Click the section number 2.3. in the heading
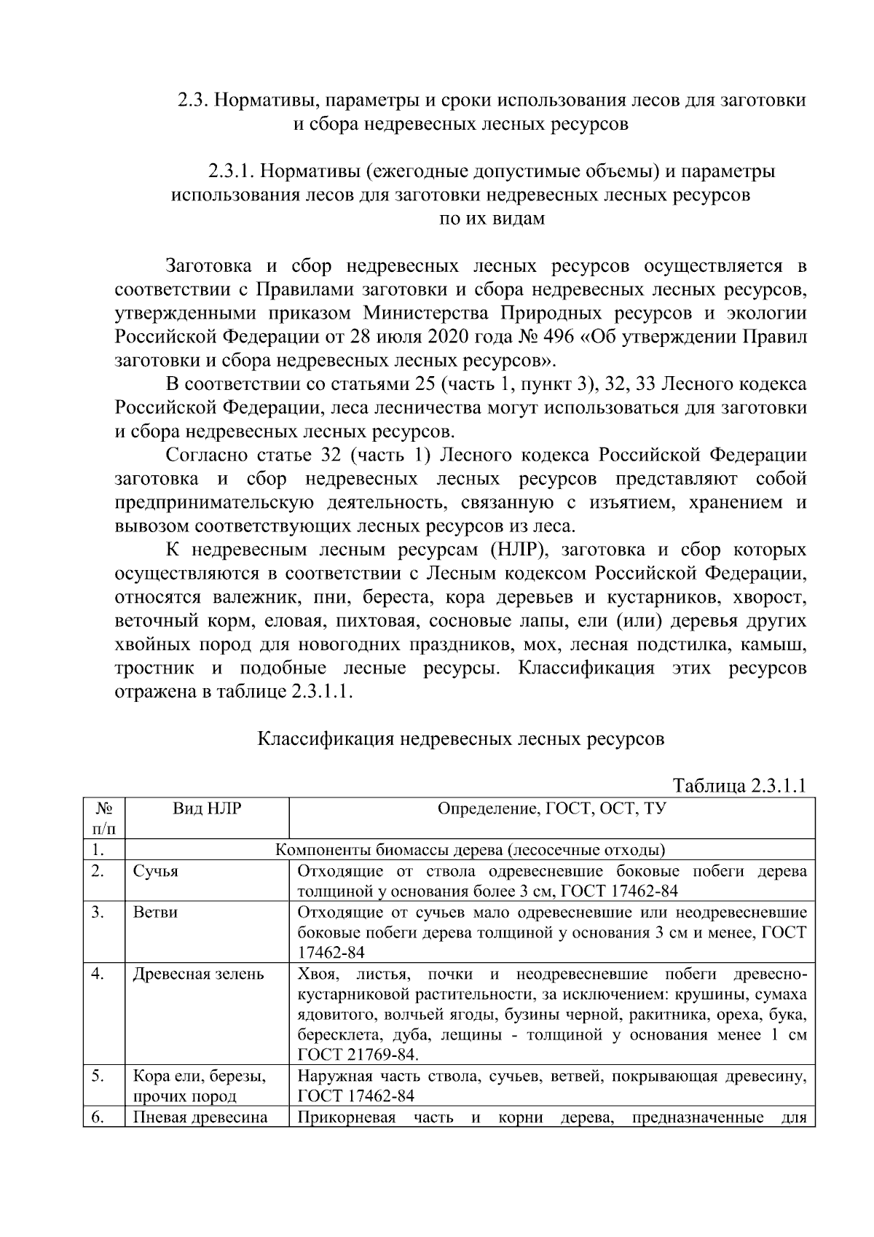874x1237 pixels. [x=194, y=101]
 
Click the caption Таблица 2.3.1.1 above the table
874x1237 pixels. [x=739, y=786]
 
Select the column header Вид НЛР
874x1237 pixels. [x=207, y=808]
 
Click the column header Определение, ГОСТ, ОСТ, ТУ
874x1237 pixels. [x=551, y=808]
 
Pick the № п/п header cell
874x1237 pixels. [x=103, y=818]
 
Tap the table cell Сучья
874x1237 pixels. [x=155, y=872]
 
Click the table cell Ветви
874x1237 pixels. [x=155, y=913]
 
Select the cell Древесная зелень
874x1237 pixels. [x=198, y=975]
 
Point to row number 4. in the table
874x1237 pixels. [x=98, y=975]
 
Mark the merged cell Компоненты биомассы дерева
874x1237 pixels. [x=469, y=850]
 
